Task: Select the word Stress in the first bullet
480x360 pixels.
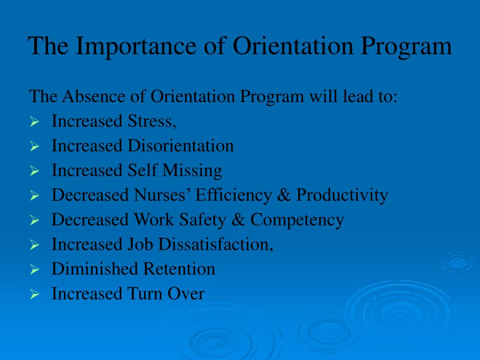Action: [x=151, y=121]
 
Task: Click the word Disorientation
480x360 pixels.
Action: [x=180, y=146]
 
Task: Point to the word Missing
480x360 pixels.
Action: [x=192, y=171]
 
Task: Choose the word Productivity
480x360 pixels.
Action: [x=342, y=195]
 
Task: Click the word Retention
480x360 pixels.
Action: [x=179, y=269]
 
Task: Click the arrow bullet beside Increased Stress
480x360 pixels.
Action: [x=34, y=122]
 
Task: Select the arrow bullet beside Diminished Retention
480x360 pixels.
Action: [x=34, y=270]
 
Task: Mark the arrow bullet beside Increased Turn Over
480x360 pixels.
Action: [x=34, y=295]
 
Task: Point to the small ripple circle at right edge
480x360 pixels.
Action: [x=457, y=262]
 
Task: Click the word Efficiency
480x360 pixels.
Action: [x=233, y=195]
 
